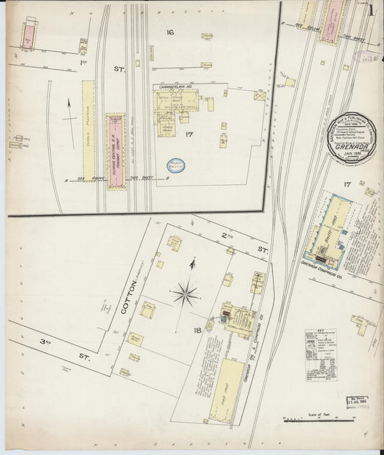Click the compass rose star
[185, 293]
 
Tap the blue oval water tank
[175, 166]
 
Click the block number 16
[170, 32]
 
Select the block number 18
[198, 330]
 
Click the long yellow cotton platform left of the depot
[89, 138]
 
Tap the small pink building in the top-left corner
[30, 35]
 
